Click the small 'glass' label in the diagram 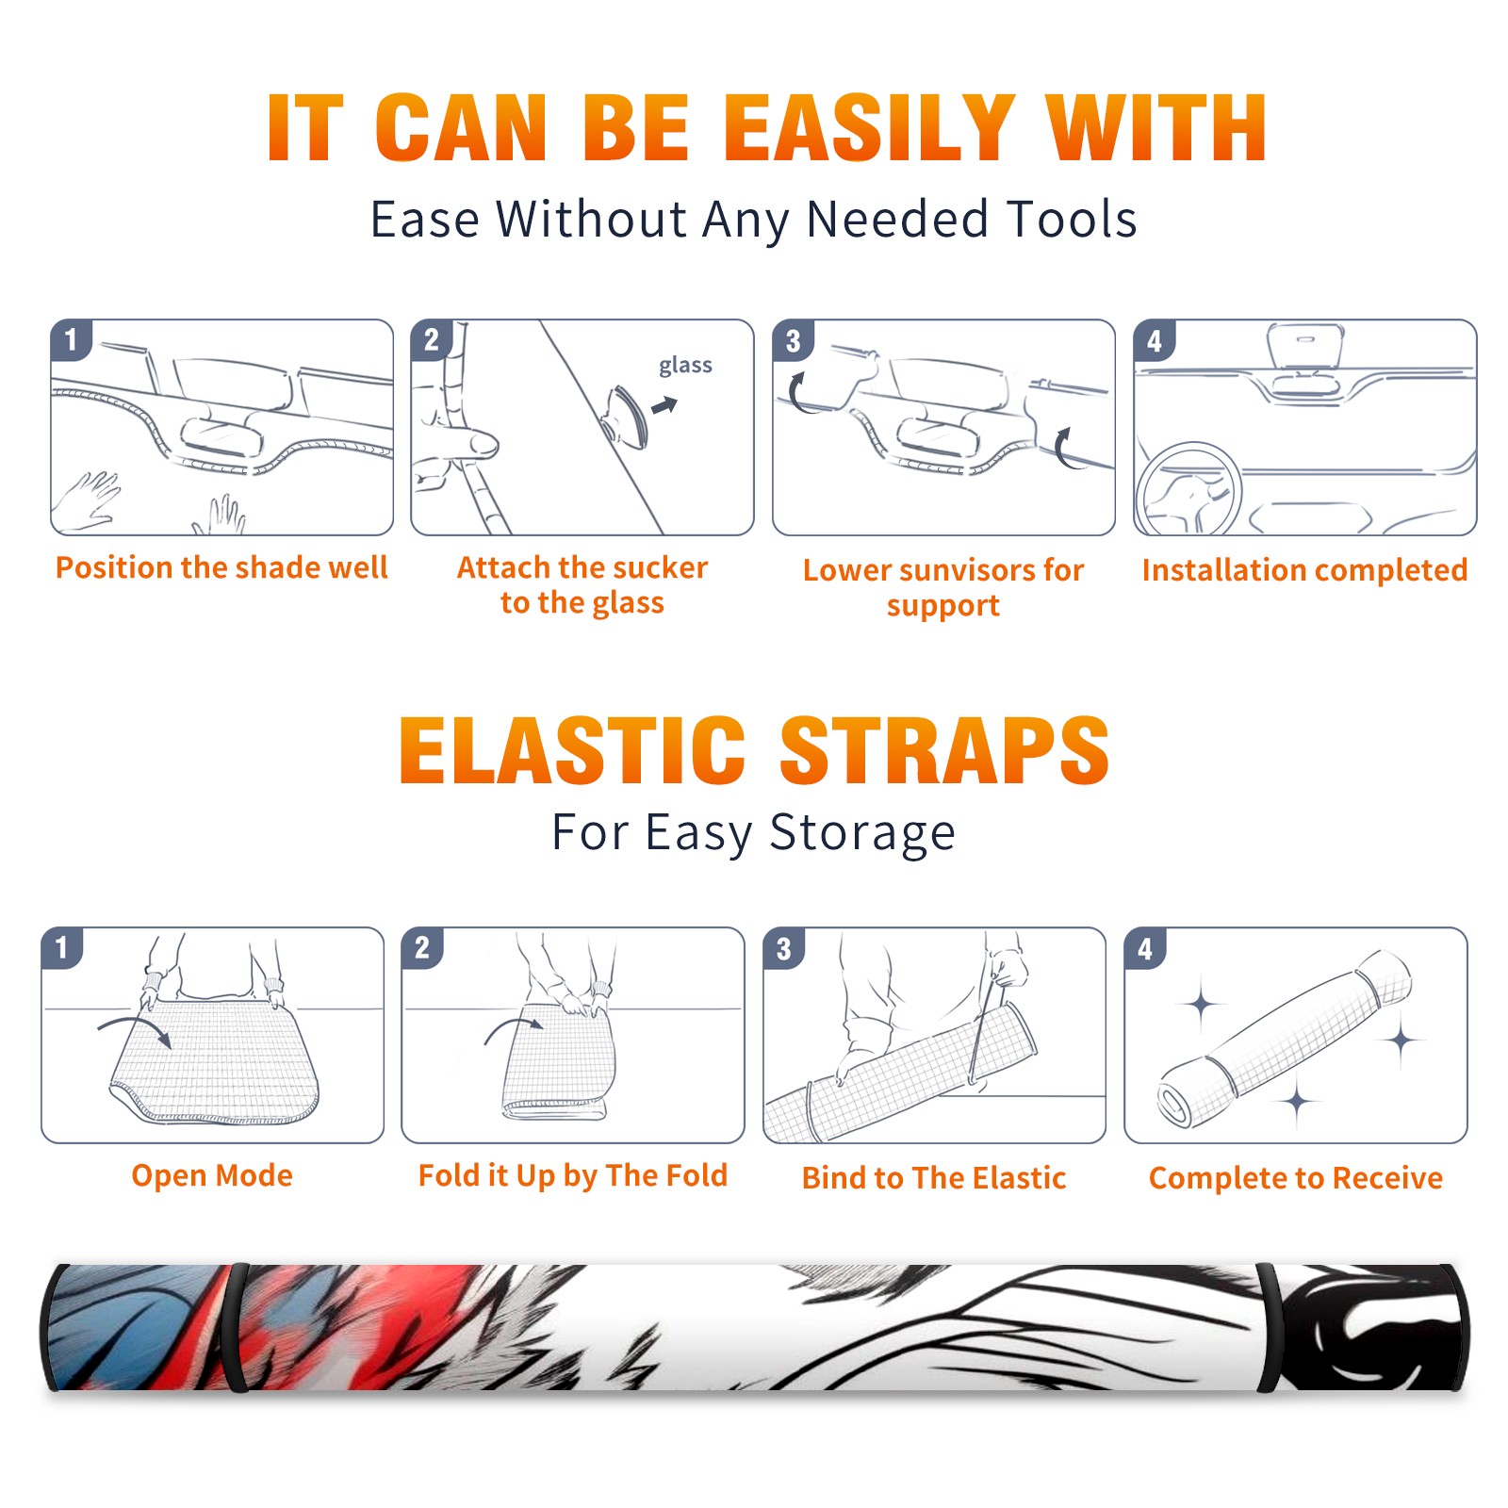coord(685,366)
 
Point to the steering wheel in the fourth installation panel coord(1189,490)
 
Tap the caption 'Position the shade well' coord(221,567)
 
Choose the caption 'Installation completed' coord(1304,569)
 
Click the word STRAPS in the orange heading coord(944,750)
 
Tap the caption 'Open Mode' coord(212,1175)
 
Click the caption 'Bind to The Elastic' coord(934,1177)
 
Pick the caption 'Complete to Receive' coord(1296,1177)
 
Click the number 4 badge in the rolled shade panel coord(1145,948)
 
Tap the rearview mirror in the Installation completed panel coord(1305,345)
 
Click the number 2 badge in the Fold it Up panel coord(422,948)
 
